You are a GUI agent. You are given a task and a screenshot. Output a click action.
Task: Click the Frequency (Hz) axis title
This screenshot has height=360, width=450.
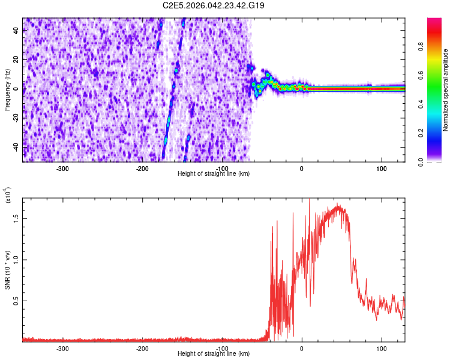point(7,89)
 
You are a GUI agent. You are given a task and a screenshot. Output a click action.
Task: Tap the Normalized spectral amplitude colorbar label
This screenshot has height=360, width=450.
point(445,90)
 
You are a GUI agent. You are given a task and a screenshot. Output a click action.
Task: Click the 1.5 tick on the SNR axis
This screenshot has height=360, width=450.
point(16,219)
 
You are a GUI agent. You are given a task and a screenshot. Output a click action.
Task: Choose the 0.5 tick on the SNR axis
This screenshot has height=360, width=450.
point(16,301)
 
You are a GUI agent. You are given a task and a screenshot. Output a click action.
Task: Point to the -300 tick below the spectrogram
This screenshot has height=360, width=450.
point(63,169)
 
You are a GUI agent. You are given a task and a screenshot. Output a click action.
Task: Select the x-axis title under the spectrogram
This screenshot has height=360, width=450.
point(214,174)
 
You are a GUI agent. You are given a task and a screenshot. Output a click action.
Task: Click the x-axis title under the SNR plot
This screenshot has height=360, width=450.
point(214,354)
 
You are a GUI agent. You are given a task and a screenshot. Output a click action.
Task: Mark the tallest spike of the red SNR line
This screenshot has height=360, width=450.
point(309,200)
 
